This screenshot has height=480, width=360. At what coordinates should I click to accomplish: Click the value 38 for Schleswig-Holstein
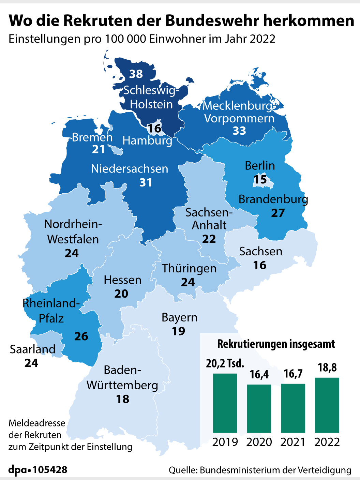(136, 74)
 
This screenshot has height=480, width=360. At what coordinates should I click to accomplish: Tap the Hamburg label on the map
(147, 140)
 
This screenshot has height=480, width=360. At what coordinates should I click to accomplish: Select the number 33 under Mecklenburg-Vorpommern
(239, 131)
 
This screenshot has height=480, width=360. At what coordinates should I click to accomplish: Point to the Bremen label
(92, 137)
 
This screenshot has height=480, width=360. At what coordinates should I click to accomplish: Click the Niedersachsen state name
(130, 169)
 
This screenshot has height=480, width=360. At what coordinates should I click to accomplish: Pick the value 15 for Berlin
(260, 180)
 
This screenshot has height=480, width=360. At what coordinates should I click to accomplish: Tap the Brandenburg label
(273, 199)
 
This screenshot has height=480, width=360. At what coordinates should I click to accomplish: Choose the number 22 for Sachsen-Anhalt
(209, 239)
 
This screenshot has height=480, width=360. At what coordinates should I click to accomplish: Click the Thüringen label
(189, 268)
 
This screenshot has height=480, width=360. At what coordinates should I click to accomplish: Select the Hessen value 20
(121, 294)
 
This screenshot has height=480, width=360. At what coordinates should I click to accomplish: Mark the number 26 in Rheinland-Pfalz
(81, 336)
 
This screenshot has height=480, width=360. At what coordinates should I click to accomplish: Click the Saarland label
(33, 349)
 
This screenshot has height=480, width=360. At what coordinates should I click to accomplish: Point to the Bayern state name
(180, 317)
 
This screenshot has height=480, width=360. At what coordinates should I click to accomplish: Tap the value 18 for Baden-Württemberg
(123, 399)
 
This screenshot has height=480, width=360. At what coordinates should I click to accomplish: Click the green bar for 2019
(225, 403)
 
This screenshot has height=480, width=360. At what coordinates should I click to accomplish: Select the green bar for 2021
(293, 408)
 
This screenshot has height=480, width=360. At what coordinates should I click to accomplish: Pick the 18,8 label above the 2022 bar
(327, 367)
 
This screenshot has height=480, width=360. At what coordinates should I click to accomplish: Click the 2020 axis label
(259, 442)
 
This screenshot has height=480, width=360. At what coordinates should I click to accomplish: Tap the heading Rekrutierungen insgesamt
(276, 344)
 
